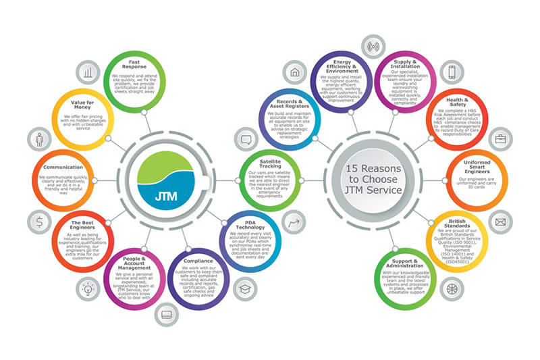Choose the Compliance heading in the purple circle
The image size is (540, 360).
click(x=197, y=260)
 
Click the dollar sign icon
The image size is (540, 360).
click(x=40, y=221)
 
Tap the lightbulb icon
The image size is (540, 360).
click(x=87, y=286)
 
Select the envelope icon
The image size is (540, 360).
click(x=500, y=222)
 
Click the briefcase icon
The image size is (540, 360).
click(x=500, y=139)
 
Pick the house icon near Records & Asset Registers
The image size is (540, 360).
click(x=295, y=72)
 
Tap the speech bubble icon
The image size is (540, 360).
click(x=246, y=140)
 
